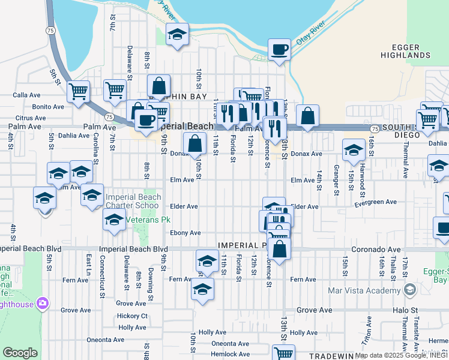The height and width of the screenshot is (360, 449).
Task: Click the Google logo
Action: point(20,353)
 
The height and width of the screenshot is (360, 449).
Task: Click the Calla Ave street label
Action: point(26,95)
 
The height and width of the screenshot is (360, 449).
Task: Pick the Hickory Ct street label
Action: point(133,316)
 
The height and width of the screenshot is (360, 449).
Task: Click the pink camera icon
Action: point(42,304)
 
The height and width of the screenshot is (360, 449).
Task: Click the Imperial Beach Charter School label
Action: point(133,201)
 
